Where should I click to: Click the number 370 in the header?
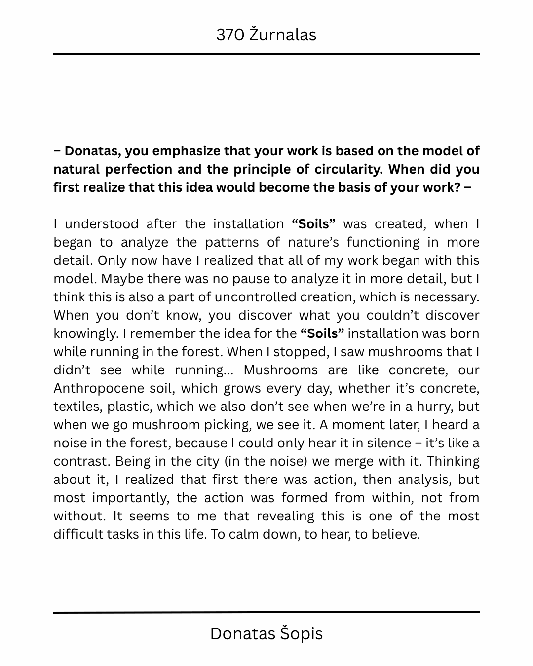(230, 35)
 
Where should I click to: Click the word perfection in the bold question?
(139, 169)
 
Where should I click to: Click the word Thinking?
(453, 461)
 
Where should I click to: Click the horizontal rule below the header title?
(266, 54)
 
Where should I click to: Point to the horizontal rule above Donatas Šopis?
(266, 612)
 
